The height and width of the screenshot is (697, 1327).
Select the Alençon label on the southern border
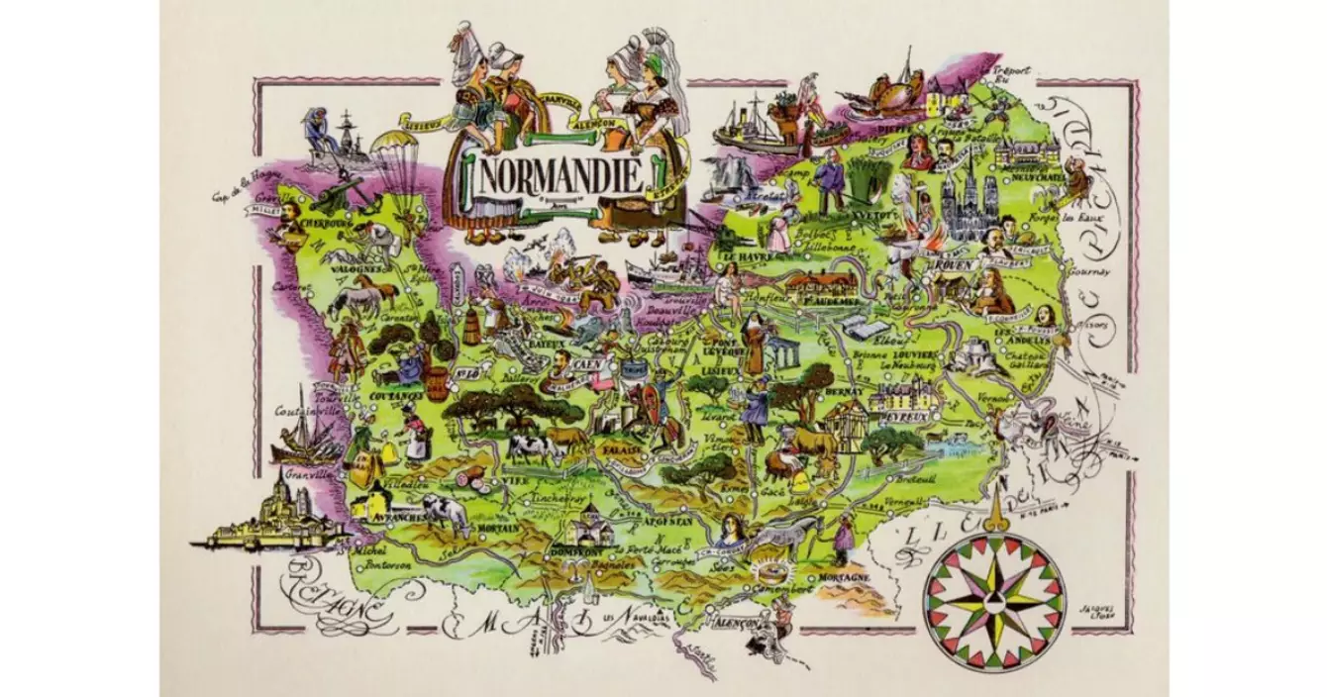click(x=734, y=625)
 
